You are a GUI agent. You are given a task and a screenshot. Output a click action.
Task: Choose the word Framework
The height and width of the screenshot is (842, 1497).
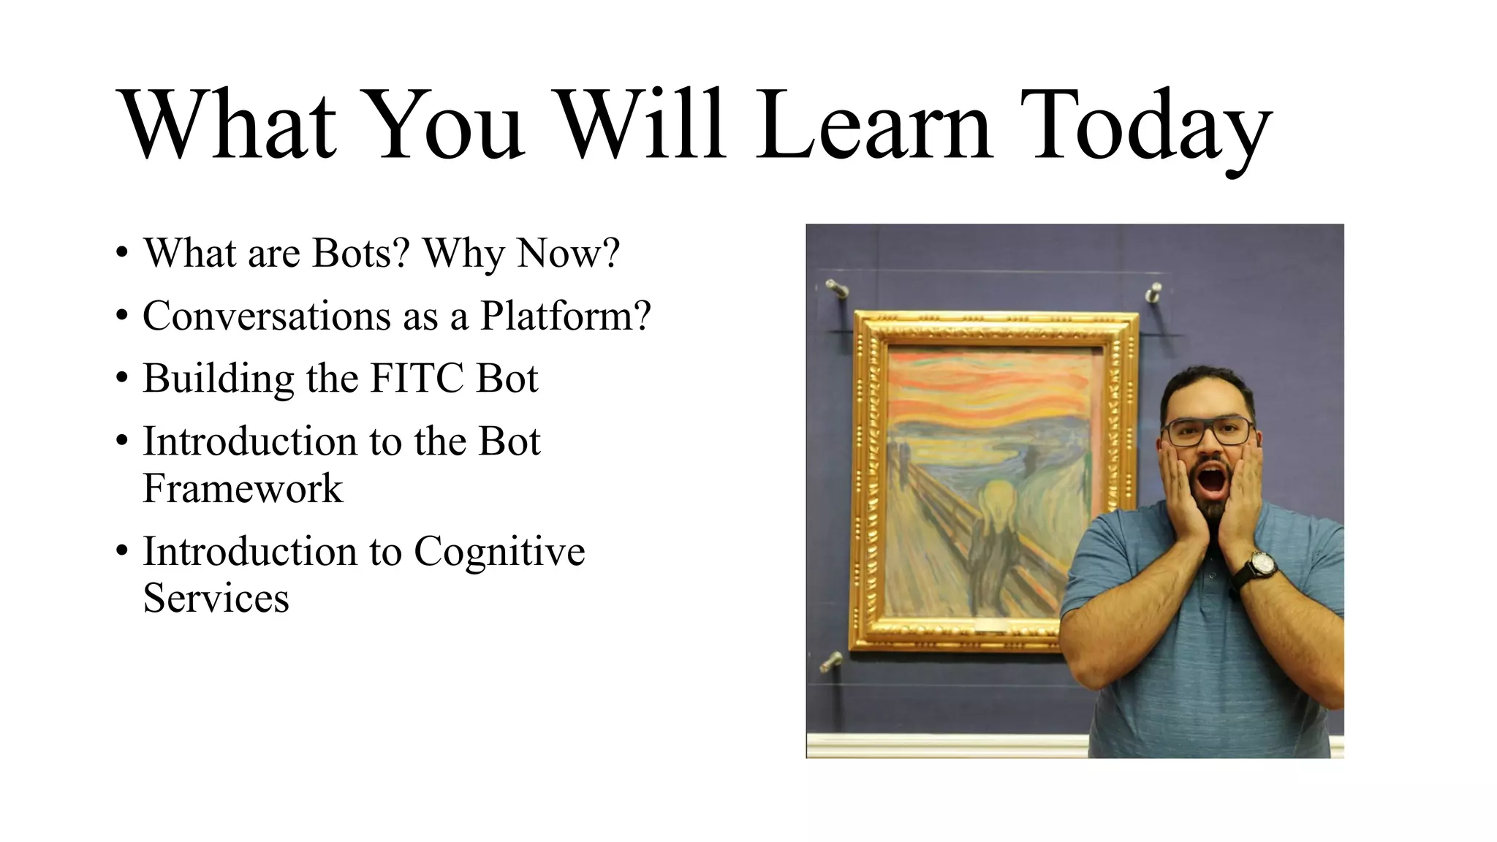(243, 488)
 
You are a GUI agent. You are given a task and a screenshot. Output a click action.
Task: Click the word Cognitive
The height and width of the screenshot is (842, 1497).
(499, 551)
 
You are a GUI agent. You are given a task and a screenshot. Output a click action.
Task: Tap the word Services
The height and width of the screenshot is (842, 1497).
(216, 598)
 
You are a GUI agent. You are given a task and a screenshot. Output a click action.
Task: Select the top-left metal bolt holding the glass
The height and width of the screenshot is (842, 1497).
(836, 289)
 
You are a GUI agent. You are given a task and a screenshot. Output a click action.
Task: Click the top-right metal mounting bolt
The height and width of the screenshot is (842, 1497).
(1154, 292)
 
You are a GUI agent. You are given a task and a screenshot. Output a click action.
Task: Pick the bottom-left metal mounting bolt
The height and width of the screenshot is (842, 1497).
(831, 662)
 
